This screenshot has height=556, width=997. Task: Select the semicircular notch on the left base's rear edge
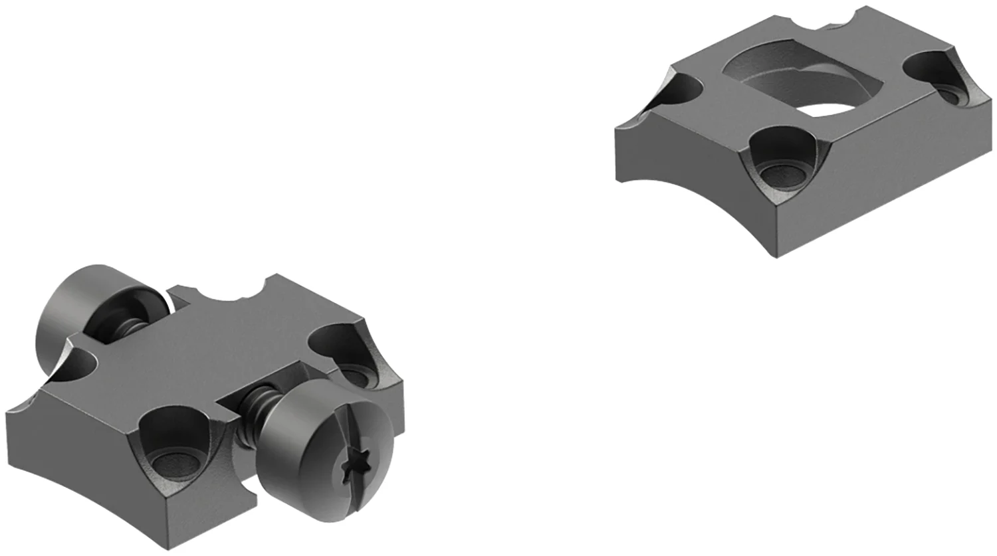coord(226,294)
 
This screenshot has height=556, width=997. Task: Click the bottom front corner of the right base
coord(776,254)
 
